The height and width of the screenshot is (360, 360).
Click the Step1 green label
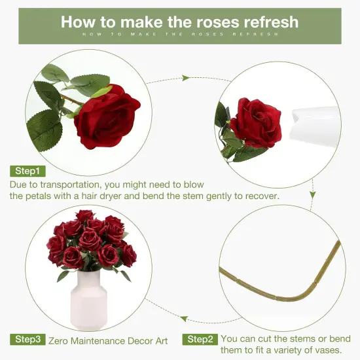[x=28, y=171]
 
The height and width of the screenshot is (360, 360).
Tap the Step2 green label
[x=200, y=339]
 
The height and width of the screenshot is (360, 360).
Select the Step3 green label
[x=28, y=339]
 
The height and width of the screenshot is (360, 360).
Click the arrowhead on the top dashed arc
[x=186, y=78]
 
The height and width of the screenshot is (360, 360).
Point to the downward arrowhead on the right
[x=313, y=194]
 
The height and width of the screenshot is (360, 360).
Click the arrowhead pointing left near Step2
[x=185, y=319]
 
